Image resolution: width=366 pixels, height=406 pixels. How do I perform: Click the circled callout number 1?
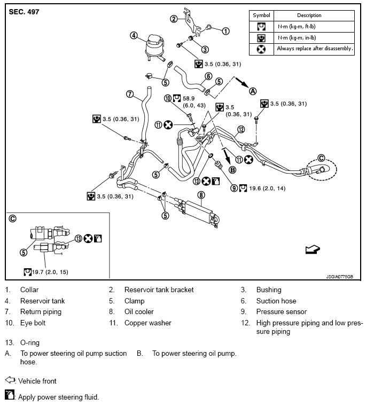pyautogui.click(x=225, y=31)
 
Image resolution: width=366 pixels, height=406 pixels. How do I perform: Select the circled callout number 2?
pyautogui.click(x=174, y=19)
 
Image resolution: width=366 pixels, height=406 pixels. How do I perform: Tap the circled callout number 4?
pyautogui.click(x=134, y=36)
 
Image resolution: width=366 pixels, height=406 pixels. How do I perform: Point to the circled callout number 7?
pyautogui.click(x=129, y=94)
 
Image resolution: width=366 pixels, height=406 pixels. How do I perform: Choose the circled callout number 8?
pyautogui.click(x=201, y=195)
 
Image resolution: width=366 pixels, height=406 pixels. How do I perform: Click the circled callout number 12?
pyautogui.click(x=241, y=129)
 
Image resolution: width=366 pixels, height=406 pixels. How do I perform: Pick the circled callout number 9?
pyautogui.click(x=233, y=188)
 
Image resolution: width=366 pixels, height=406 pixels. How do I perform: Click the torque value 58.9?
pyautogui.click(x=189, y=98)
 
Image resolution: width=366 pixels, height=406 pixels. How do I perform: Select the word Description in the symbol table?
pyautogui.click(x=309, y=15)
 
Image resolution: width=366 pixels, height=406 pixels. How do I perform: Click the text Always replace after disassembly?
pyautogui.click(x=315, y=49)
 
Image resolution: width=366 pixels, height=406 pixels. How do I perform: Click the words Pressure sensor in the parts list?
pyautogui.click(x=282, y=311)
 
